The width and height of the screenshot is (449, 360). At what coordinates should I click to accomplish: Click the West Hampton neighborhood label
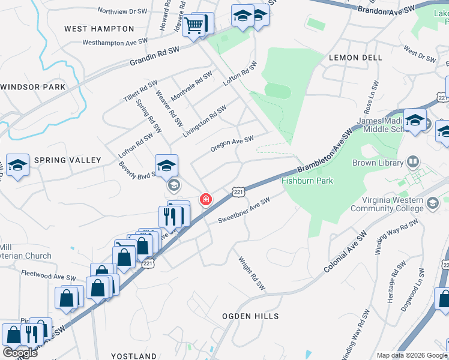coord(99,29)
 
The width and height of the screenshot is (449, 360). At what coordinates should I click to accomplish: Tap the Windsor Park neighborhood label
coord(33,87)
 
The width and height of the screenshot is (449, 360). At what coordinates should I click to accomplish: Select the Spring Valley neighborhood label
coord(68,160)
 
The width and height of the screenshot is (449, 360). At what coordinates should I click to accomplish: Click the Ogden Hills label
coord(250,316)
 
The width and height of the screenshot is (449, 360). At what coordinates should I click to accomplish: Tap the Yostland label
coord(133,356)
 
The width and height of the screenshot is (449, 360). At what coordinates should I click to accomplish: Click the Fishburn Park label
coord(307,180)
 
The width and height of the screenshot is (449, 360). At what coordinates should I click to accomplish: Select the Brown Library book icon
coord(412,162)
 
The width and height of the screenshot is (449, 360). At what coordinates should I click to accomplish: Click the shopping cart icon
coord(194,26)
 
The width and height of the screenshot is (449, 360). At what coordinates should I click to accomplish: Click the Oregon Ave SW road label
coord(232,144)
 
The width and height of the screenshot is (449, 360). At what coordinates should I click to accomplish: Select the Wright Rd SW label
coord(252,274)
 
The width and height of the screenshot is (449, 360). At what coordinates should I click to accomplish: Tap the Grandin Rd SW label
coord(155,57)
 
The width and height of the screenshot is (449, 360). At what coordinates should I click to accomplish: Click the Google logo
coord(20,352)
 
